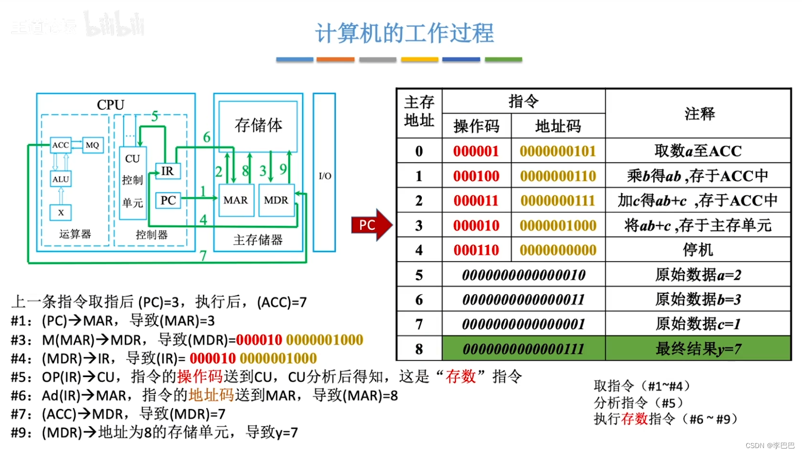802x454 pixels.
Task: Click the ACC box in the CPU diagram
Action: point(61,145)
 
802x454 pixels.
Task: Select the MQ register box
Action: point(92,145)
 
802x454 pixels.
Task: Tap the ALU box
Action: point(61,179)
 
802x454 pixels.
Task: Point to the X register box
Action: point(61,213)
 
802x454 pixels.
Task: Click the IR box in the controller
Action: point(167,171)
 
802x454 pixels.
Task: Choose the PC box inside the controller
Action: point(168,200)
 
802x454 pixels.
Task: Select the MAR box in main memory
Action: point(236,200)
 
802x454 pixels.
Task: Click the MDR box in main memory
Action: point(276,200)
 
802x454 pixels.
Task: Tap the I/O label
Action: point(324,176)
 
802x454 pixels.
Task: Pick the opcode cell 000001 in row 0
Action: point(476,151)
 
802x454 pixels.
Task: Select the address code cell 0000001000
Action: point(558,226)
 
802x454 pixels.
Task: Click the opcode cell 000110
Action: point(476,250)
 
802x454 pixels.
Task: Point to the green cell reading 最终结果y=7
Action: point(698,349)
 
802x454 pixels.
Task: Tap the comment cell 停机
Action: point(698,250)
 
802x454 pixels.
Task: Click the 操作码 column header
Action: point(476,126)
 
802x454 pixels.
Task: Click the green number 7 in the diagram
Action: point(203,256)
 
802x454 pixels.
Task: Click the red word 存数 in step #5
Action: point(460,377)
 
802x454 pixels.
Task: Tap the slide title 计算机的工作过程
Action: point(404,34)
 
